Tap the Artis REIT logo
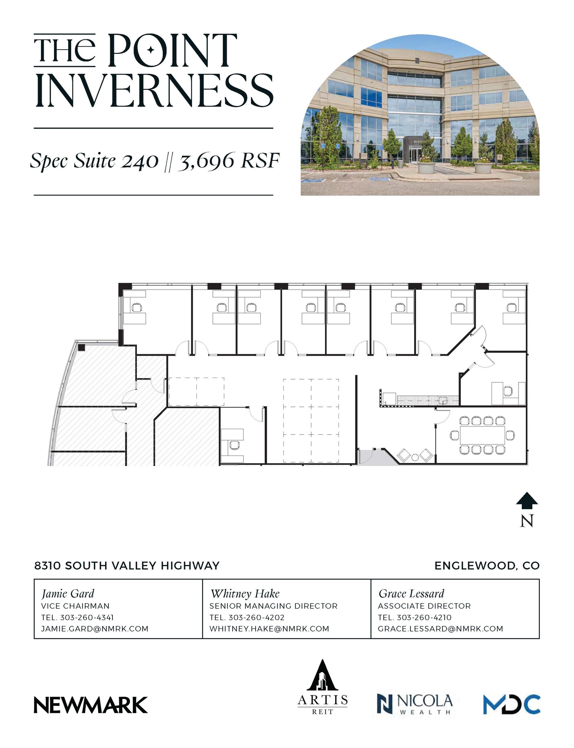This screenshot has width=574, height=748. (x=322, y=687)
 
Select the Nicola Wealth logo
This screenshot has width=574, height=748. (x=414, y=704)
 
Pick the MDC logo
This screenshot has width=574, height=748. (x=511, y=704)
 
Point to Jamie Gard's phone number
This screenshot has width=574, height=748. (x=87, y=617)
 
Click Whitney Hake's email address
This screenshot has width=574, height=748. (x=269, y=629)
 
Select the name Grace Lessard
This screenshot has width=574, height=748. (x=411, y=594)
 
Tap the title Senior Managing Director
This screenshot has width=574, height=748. (x=273, y=606)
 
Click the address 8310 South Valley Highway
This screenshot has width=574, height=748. (x=127, y=566)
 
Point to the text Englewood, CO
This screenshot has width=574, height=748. (x=487, y=566)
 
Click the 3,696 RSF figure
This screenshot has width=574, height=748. (x=229, y=161)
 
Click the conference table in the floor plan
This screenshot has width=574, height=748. (x=482, y=435)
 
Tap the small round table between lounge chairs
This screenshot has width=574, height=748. (x=415, y=457)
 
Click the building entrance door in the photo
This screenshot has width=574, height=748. (x=414, y=155)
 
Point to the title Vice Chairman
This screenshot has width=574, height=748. (x=75, y=606)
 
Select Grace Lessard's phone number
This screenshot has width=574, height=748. (x=424, y=617)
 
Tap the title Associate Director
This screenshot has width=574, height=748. (x=424, y=606)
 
